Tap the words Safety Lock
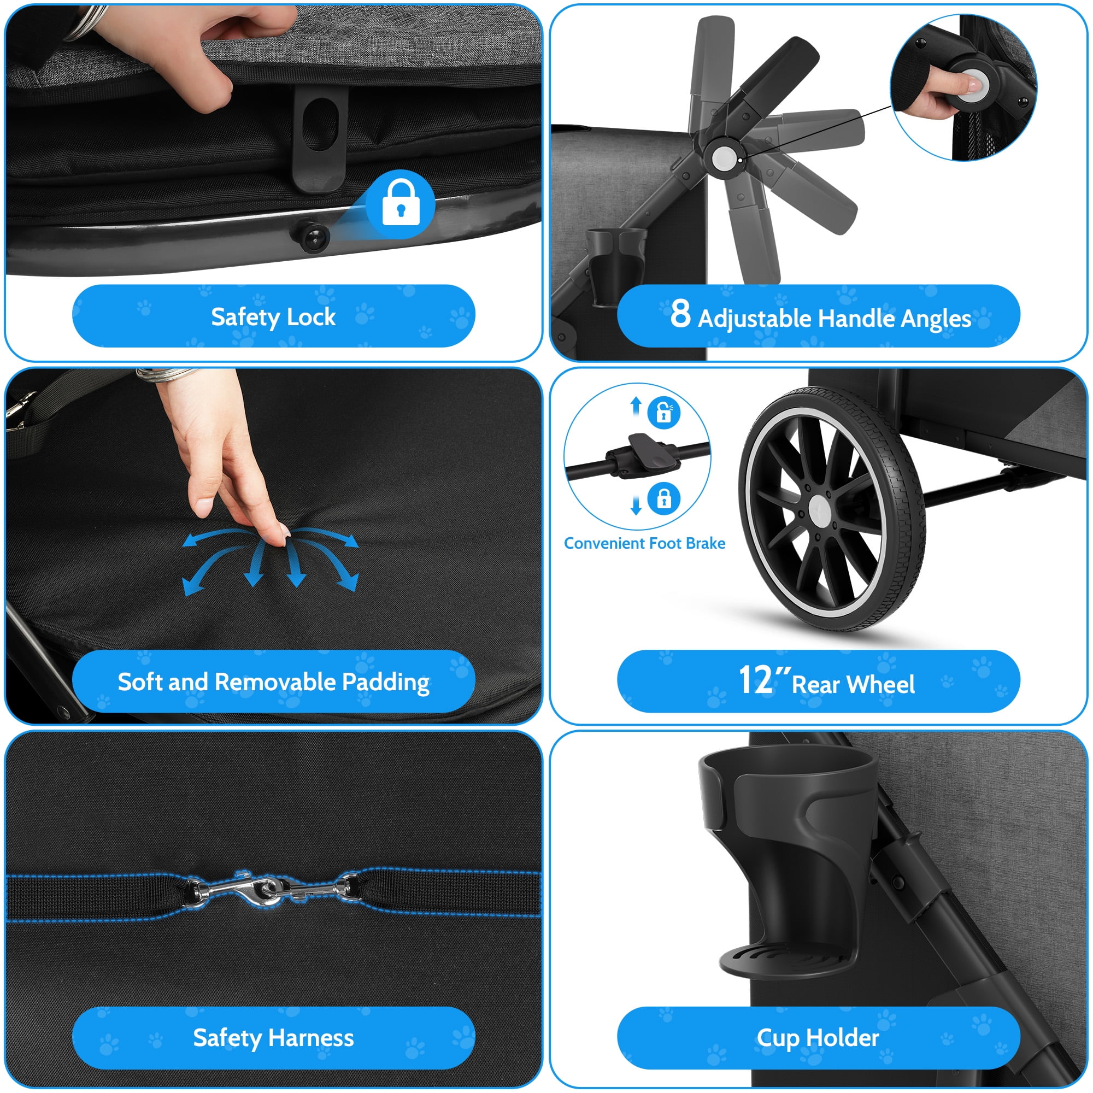(x=273, y=317)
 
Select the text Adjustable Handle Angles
(x=835, y=319)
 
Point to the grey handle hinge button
(x=725, y=158)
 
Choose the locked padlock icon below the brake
(x=664, y=498)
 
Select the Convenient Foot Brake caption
(x=644, y=543)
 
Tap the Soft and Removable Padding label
(x=273, y=681)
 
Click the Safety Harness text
(x=273, y=1038)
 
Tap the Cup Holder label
(x=818, y=1038)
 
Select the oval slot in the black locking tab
(x=320, y=125)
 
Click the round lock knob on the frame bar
(x=312, y=236)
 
